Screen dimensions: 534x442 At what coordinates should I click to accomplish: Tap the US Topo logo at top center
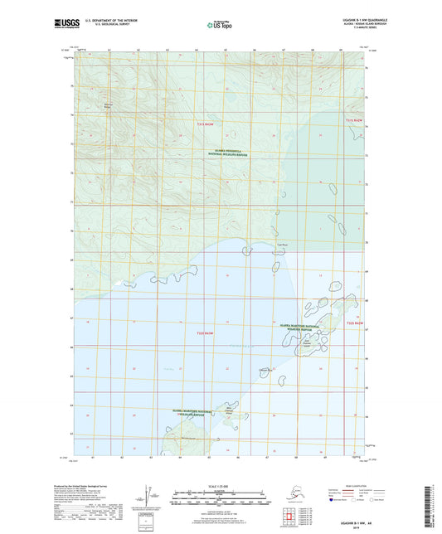(x=219, y=26)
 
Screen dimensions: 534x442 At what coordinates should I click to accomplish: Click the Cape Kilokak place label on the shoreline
(x=281, y=245)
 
